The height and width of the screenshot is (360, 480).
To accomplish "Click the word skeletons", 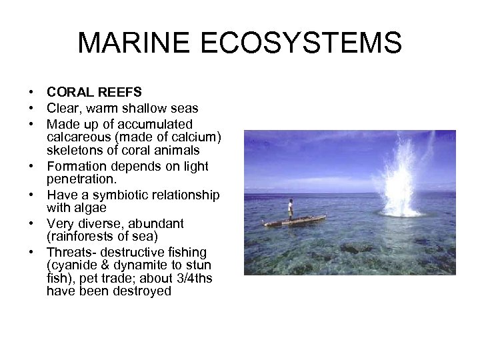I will (x=74, y=149).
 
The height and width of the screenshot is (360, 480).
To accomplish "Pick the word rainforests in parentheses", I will (x=82, y=237).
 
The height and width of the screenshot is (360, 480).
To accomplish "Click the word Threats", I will (x=69, y=253).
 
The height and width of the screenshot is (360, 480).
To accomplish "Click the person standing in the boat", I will (x=291, y=208).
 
